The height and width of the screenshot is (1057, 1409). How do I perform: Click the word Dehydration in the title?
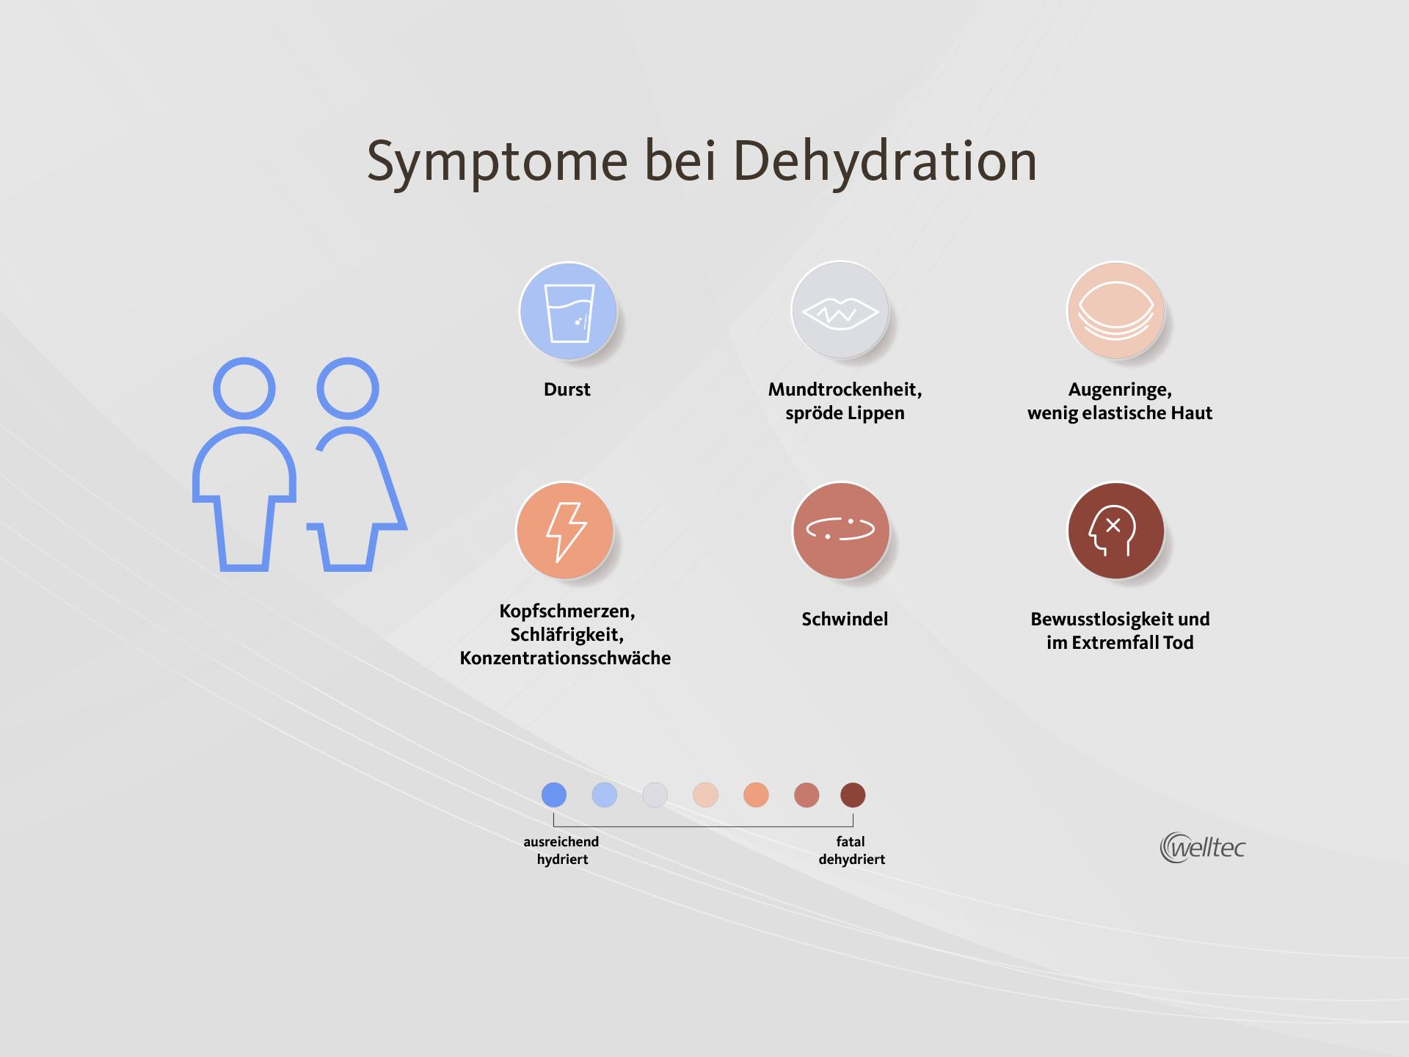pyautogui.click(x=885, y=162)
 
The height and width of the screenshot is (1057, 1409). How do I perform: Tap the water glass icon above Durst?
pyautogui.click(x=568, y=311)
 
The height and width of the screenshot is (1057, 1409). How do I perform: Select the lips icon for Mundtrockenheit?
pyautogui.click(x=840, y=311)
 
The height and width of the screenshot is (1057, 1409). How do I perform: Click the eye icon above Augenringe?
pyautogui.click(x=1115, y=311)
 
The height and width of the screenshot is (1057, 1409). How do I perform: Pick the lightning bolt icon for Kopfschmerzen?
pyautogui.click(x=565, y=531)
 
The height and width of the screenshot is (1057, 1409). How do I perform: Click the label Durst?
pyautogui.click(x=567, y=390)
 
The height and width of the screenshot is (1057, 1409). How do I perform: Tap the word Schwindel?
pyautogui.click(x=845, y=620)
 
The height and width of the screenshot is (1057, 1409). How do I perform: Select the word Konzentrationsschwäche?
pyautogui.click(x=565, y=658)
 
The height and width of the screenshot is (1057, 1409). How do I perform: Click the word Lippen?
pyautogui.click(x=876, y=414)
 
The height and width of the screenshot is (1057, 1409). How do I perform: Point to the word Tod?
pyautogui.click(x=1179, y=643)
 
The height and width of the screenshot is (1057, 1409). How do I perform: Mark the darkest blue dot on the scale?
pyautogui.click(x=554, y=795)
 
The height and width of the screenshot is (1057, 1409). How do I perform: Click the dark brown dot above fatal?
pyautogui.click(x=853, y=795)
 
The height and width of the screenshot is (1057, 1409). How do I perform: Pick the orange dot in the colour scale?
pyautogui.click(x=756, y=795)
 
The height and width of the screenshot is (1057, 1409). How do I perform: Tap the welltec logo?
pyautogui.click(x=1203, y=848)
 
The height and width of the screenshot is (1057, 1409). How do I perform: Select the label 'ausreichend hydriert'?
pyautogui.click(x=561, y=851)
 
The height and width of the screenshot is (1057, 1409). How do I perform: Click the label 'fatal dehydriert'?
pyautogui.click(x=851, y=851)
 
